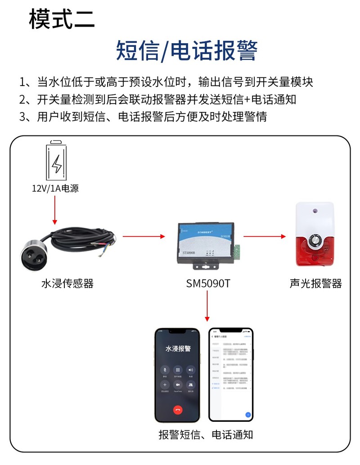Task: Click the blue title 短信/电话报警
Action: tap(186, 50)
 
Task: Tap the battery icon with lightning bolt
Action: tap(57, 161)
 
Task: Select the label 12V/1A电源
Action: tap(55, 189)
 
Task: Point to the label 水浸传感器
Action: tap(67, 284)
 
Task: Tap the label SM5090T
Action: tap(208, 284)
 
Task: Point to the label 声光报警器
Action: tap(316, 284)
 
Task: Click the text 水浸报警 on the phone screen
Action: tap(178, 348)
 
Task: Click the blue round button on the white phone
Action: tap(248, 414)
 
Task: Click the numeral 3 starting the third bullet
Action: tap(23, 117)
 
